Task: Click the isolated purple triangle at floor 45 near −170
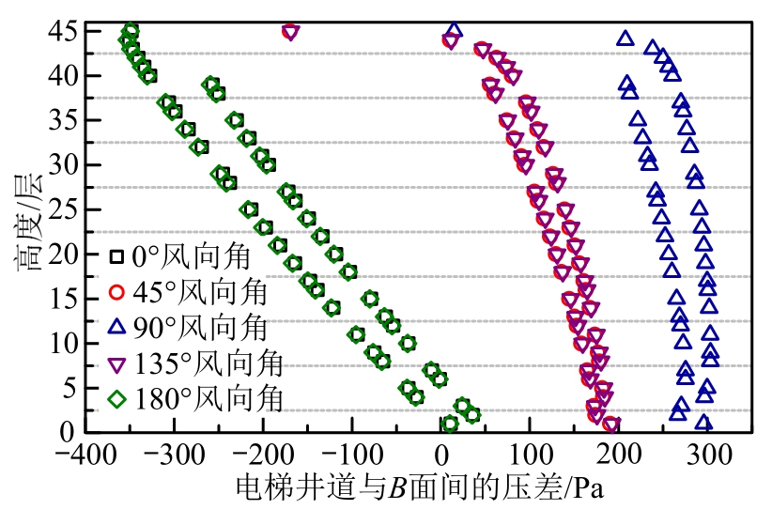pos(290,32)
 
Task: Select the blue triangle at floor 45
pos(455,31)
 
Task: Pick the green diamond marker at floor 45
pos(131,31)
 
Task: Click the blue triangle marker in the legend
pos(116,327)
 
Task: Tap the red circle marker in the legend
pos(116,291)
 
